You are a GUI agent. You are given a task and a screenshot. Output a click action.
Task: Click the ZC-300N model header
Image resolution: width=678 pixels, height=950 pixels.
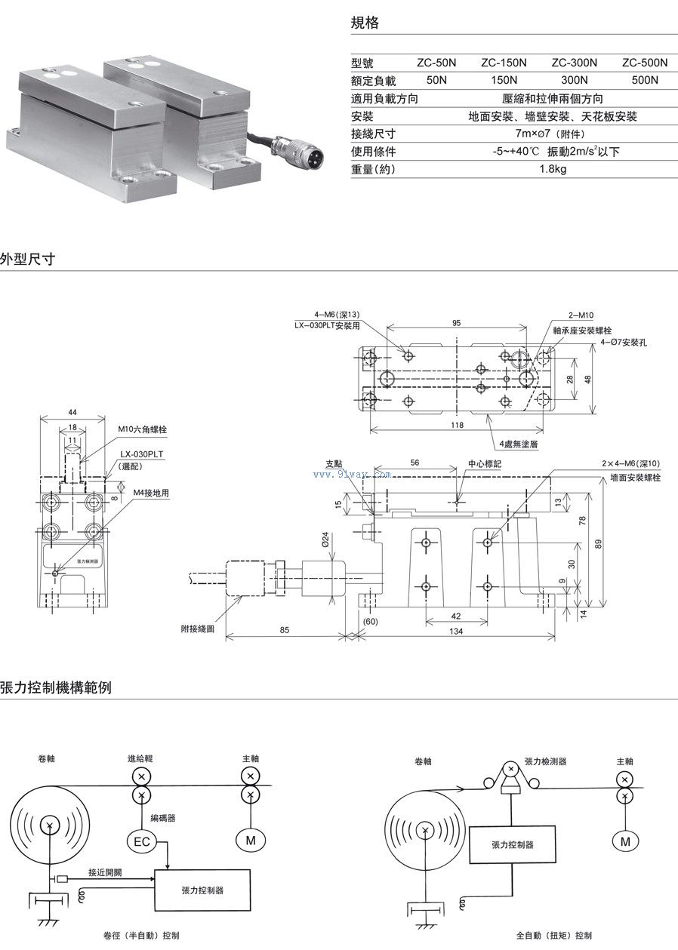574,63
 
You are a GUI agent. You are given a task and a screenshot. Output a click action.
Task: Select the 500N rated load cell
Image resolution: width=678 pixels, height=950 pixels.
645,80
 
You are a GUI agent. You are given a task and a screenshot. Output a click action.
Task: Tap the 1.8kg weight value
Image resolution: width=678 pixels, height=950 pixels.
553,169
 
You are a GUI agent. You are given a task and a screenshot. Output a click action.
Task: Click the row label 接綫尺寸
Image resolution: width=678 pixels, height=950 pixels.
373,134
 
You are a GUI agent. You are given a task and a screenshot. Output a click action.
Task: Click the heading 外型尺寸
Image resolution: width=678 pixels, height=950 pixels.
27,260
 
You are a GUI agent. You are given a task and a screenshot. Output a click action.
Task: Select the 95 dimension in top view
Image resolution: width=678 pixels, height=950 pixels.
456,322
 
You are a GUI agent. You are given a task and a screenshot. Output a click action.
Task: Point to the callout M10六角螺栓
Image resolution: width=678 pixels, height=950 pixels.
142,429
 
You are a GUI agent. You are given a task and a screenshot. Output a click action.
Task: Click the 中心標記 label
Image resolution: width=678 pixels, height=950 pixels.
484,464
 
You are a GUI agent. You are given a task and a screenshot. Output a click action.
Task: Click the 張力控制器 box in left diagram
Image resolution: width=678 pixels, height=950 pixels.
202,890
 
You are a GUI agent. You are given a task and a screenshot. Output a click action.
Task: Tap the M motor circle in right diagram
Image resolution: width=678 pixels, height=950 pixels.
624,841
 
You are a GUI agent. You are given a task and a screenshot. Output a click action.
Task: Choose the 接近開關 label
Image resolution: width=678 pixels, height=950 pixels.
106,872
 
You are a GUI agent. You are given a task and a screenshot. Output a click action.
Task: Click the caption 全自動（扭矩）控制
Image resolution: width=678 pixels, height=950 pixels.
554,936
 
